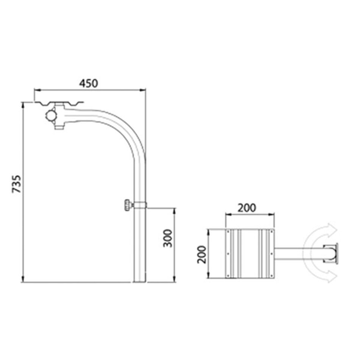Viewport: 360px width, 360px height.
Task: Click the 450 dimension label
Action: tap(89, 83)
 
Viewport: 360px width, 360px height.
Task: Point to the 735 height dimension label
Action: tap(17, 184)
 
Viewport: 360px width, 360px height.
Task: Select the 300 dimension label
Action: tap(168, 238)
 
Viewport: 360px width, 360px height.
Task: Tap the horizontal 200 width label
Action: tap(247, 208)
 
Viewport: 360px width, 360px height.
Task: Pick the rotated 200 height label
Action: tap(202, 255)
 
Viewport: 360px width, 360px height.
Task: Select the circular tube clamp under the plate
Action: tap(51, 116)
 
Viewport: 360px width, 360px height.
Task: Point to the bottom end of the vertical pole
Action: tap(140, 282)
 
